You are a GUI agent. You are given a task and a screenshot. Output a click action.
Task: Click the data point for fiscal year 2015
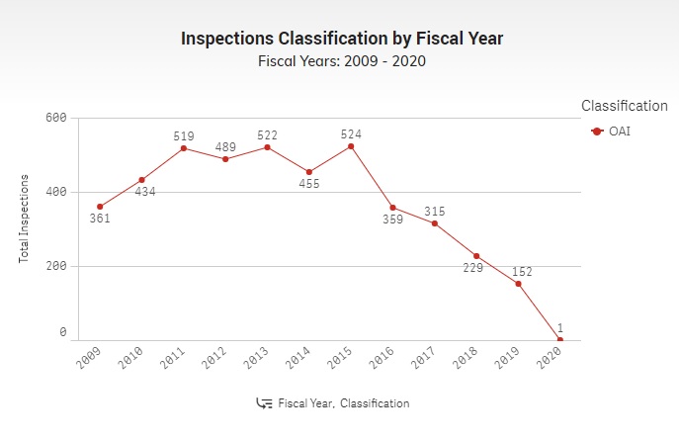[x=351, y=146]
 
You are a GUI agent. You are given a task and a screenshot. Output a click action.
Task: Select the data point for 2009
[x=99, y=207]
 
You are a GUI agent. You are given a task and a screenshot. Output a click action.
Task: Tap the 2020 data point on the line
[x=560, y=339]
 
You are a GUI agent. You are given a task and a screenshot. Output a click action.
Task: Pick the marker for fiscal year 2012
[x=225, y=159]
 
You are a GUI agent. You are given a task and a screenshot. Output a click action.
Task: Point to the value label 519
[x=185, y=135]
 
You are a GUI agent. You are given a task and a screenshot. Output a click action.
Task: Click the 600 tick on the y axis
[x=56, y=118]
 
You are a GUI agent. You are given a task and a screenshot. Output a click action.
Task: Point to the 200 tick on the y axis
[x=56, y=266]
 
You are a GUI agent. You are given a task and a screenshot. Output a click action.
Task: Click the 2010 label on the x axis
[x=131, y=359]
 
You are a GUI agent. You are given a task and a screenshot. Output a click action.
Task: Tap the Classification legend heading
[x=624, y=106]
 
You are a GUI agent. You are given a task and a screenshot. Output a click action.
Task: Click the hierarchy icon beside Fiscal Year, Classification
[x=264, y=403]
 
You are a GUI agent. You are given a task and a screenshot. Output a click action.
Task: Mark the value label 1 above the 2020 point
[x=559, y=327]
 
